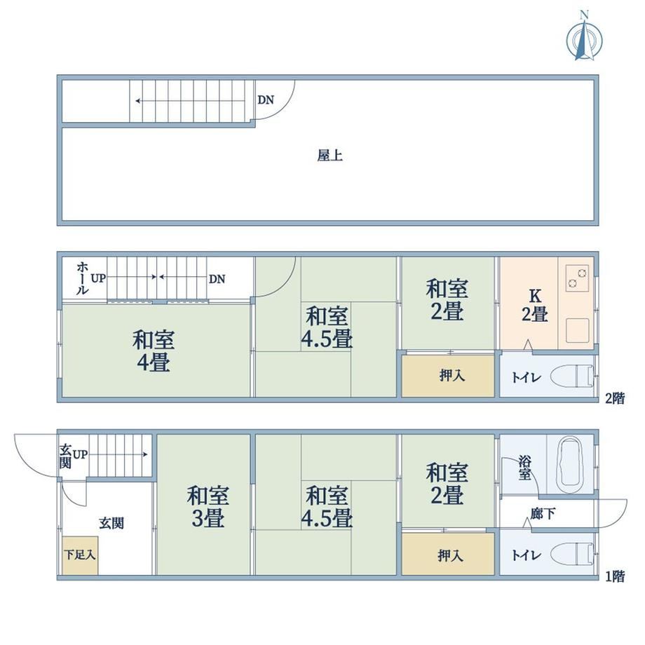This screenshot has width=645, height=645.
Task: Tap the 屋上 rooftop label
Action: coord(330,156)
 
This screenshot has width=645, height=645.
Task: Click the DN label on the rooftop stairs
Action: coord(266,100)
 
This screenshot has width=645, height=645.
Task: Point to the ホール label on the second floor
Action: coord(82,278)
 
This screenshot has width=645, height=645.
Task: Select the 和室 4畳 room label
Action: coord(154,351)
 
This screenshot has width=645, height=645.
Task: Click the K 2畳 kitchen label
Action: coord(535,305)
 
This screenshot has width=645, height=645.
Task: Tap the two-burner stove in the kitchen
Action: coord(577,278)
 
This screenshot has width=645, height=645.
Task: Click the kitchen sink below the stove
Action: coord(577,330)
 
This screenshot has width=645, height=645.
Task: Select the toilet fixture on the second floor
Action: coord(573,376)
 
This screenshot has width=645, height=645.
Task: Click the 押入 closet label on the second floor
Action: coord(452,376)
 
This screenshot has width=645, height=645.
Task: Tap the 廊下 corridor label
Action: coord(543,513)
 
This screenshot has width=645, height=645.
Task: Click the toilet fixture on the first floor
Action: coord(573,554)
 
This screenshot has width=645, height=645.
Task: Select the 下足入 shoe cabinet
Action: coord(80,555)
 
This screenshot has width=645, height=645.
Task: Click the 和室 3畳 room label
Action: coord(208,507)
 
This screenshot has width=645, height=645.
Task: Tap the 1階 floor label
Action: coord(615,576)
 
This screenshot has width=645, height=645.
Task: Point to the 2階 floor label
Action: coord(615,398)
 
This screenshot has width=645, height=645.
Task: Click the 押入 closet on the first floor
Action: coord(448,554)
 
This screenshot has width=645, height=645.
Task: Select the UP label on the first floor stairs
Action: coord(80,454)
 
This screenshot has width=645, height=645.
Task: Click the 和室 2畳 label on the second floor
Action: coord(447,300)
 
